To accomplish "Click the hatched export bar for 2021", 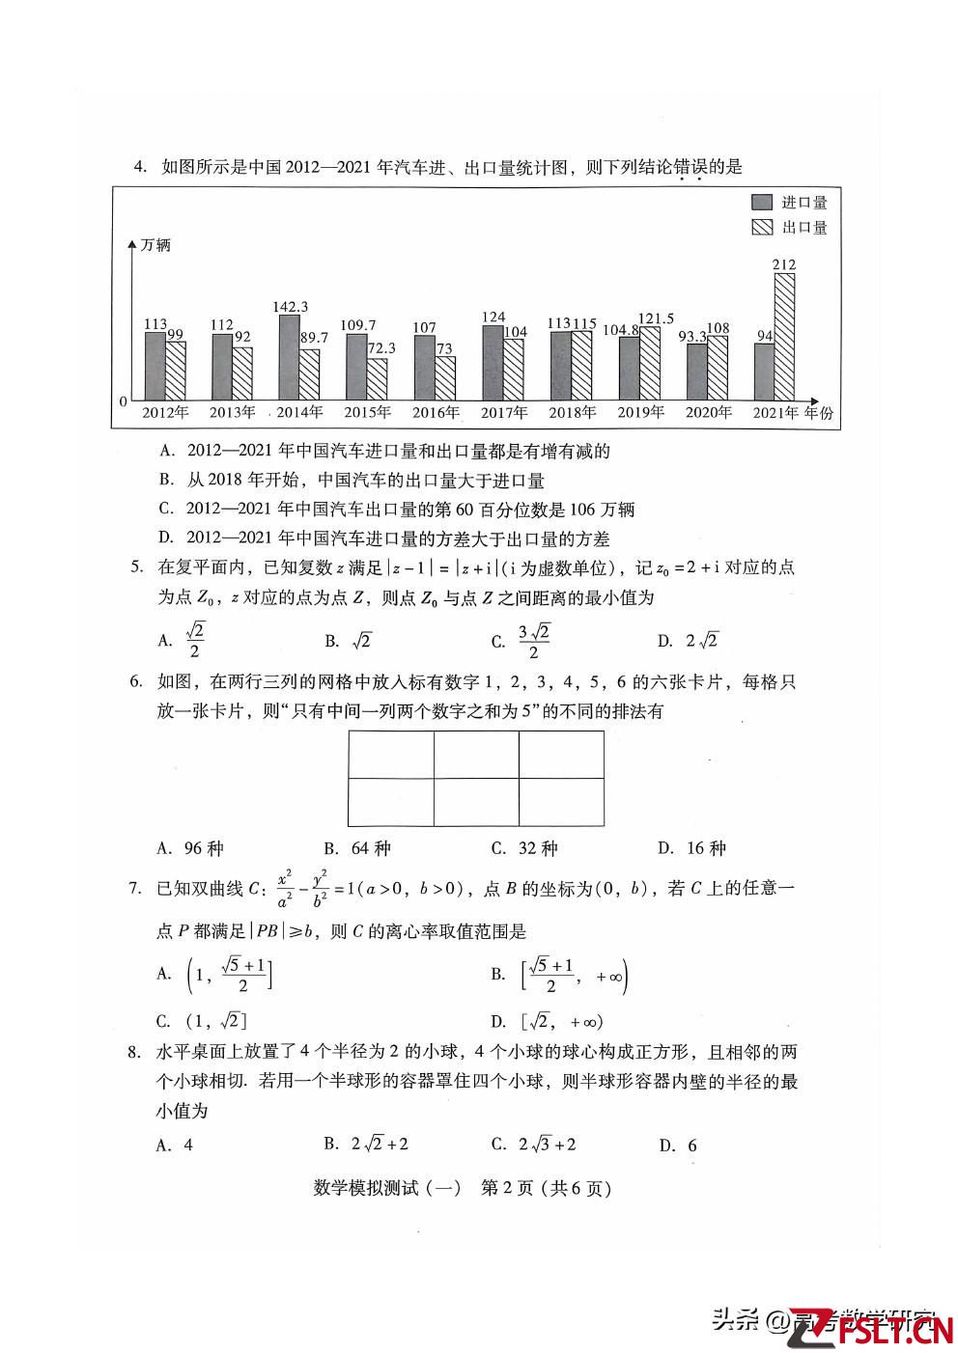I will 784,337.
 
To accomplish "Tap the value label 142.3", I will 290,307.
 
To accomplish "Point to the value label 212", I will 784,264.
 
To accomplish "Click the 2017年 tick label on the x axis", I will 504,413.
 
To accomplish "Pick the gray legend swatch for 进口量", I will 762,203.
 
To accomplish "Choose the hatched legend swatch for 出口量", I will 762,228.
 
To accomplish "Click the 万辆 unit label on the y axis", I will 155,245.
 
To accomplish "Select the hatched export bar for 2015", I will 377,379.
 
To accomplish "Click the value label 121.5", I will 656,318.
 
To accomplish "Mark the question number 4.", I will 140,167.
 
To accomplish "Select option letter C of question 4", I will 166,510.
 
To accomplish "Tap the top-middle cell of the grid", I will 476,754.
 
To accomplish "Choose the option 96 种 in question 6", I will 191,848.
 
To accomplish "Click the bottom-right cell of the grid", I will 561,801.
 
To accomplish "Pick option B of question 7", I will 560,975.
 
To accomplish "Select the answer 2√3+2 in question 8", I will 535,1145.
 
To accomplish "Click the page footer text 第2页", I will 506,1188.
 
